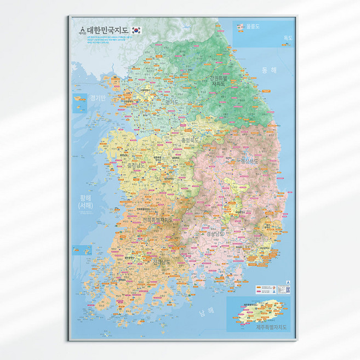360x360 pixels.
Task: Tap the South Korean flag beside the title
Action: [x=137, y=30]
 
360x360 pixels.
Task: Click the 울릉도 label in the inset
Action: [x=252, y=26]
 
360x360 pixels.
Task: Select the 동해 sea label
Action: [x=270, y=70]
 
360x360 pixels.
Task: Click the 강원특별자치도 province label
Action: [x=218, y=81]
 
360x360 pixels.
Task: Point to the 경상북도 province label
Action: [x=247, y=161]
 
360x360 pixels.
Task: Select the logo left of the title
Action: [x=82, y=30]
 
